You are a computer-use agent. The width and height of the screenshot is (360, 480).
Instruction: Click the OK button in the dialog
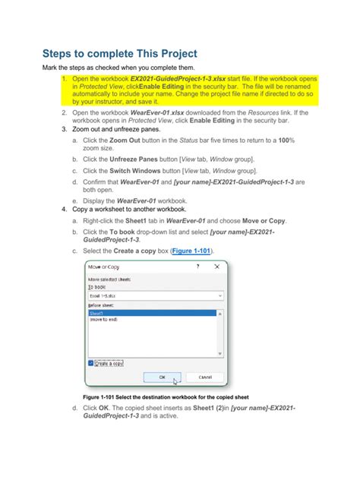tap(161, 377)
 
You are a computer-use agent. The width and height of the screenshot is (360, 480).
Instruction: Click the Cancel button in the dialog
tap(205, 377)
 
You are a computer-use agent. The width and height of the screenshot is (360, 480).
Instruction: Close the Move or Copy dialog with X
tap(219, 267)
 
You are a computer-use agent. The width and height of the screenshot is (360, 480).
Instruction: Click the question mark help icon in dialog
tap(197, 267)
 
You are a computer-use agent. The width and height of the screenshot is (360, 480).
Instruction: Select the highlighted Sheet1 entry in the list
tap(96, 313)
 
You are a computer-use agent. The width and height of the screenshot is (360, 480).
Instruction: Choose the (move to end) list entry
tap(104, 319)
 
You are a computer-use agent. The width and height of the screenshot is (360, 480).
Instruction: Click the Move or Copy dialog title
tap(104, 267)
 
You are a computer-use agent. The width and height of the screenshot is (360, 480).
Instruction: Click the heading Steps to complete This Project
tap(119, 54)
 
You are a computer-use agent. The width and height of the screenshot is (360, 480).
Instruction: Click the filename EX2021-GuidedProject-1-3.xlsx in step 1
tap(175, 79)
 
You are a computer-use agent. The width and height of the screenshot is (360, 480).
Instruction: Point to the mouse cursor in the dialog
tap(175, 381)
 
